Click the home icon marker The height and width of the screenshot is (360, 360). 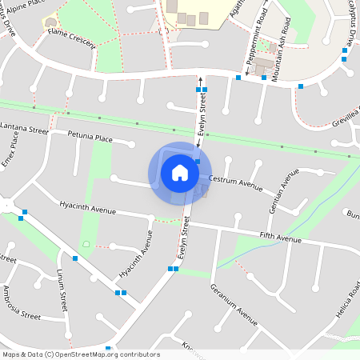(x=180, y=173)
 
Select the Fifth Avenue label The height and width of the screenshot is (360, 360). (x=280, y=238)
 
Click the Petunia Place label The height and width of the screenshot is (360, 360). (x=90, y=137)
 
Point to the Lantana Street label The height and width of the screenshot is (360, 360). (x=24, y=127)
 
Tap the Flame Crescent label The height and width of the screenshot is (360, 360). (x=71, y=38)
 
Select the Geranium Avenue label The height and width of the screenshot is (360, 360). (x=234, y=304)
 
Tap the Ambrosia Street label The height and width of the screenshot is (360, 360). (x=22, y=302)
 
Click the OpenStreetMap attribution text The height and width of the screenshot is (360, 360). (x=80, y=354)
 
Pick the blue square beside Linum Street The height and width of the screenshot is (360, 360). (x=74, y=258)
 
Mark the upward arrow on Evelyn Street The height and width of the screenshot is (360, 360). (x=199, y=79)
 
